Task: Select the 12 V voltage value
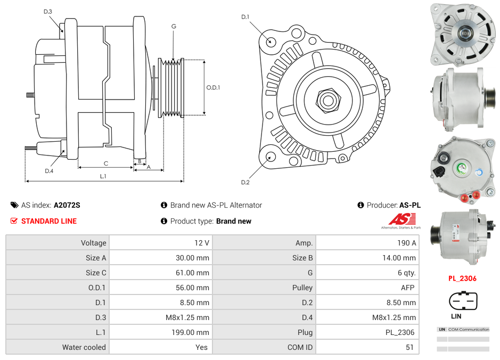pos(202,243)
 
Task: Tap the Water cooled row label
pos(84,347)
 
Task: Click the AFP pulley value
pos(407,288)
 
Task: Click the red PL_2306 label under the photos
pos(462,279)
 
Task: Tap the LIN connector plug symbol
pos(462,301)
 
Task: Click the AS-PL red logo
pos(402,219)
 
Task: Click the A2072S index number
pos(67,205)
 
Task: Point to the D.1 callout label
pos(245,17)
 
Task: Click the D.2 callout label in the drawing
pos(245,183)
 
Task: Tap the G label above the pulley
pos(174,26)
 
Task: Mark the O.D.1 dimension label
pos(213,88)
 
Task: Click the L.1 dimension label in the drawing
pos(103,176)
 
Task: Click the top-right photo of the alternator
pos(463,32)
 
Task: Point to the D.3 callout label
pos(48,11)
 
